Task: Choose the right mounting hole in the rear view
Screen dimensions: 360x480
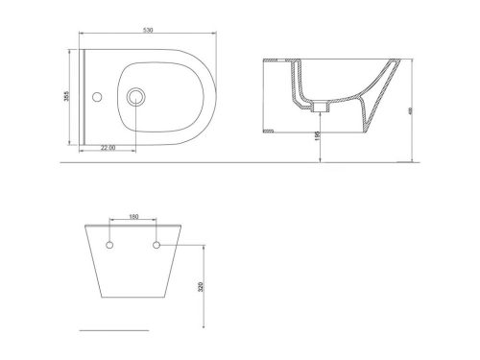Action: pyautogui.click(x=155, y=246)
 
